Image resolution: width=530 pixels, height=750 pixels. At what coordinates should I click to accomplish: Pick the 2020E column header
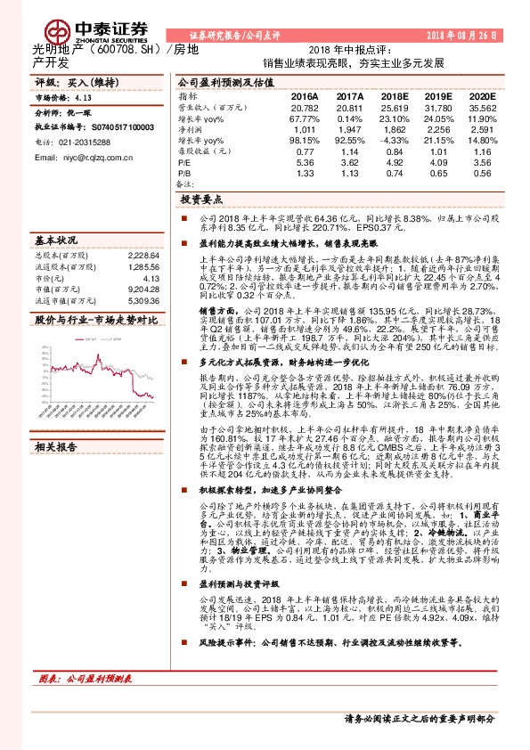481,95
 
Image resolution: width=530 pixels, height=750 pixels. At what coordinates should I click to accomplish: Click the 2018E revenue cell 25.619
393,107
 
